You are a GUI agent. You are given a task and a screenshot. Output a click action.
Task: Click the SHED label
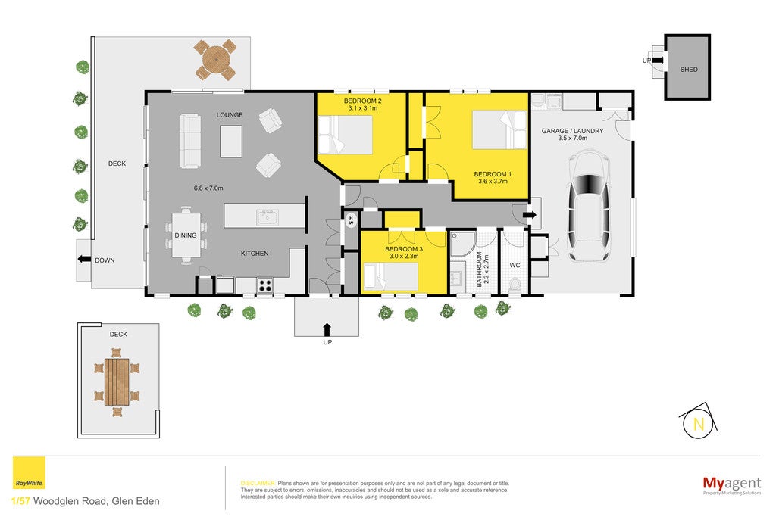(x=688, y=70)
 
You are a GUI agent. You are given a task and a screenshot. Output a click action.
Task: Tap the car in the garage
(x=588, y=206)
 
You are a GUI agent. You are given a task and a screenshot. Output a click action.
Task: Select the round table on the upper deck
(x=215, y=60)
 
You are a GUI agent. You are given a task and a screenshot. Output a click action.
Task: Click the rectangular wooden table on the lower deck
(x=117, y=382)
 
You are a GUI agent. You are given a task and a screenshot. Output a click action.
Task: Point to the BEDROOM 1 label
(x=493, y=174)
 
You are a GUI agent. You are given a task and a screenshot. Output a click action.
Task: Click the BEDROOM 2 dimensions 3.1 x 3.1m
(x=363, y=107)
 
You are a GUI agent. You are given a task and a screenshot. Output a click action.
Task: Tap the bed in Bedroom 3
(x=391, y=276)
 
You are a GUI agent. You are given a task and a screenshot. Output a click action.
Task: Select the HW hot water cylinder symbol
(x=351, y=220)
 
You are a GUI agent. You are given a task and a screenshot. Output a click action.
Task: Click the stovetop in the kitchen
(x=264, y=285)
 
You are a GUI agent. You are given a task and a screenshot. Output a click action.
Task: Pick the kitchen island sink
(x=268, y=217)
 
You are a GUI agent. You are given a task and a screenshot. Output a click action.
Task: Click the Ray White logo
(x=29, y=473)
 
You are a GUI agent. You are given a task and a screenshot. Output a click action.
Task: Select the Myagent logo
(x=732, y=484)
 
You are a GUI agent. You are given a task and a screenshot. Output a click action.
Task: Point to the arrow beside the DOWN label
(x=84, y=259)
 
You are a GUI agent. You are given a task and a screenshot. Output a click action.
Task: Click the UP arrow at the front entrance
(x=327, y=329)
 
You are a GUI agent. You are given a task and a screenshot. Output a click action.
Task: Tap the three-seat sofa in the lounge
(x=189, y=141)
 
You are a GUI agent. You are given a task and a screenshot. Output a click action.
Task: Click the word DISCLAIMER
(x=258, y=484)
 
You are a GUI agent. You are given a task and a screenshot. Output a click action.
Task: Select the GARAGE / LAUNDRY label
(x=572, y=131)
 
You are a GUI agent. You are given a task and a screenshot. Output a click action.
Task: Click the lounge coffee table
(x=231, y=142)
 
